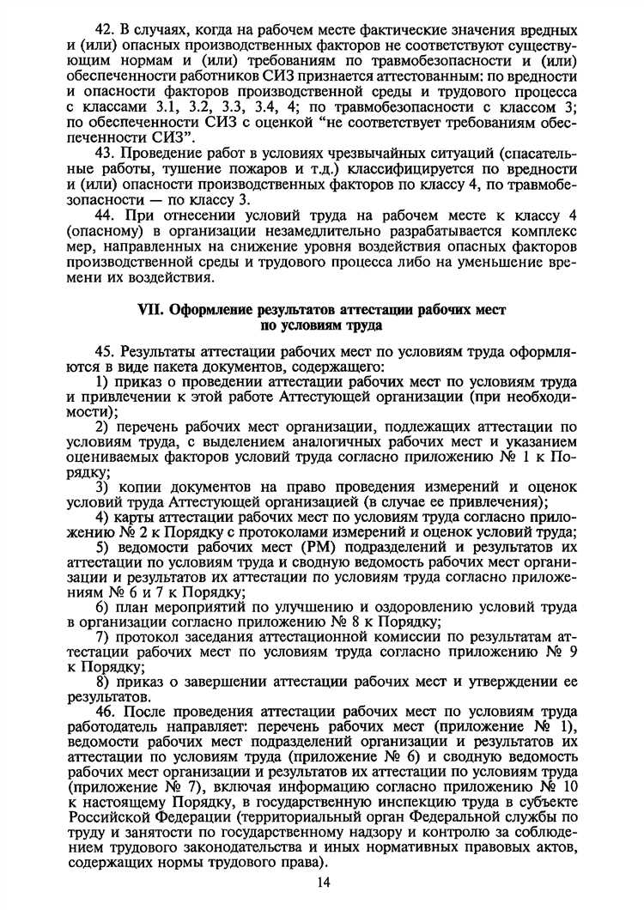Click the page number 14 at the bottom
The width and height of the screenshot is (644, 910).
pyautogui.click(x=323, y=884)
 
